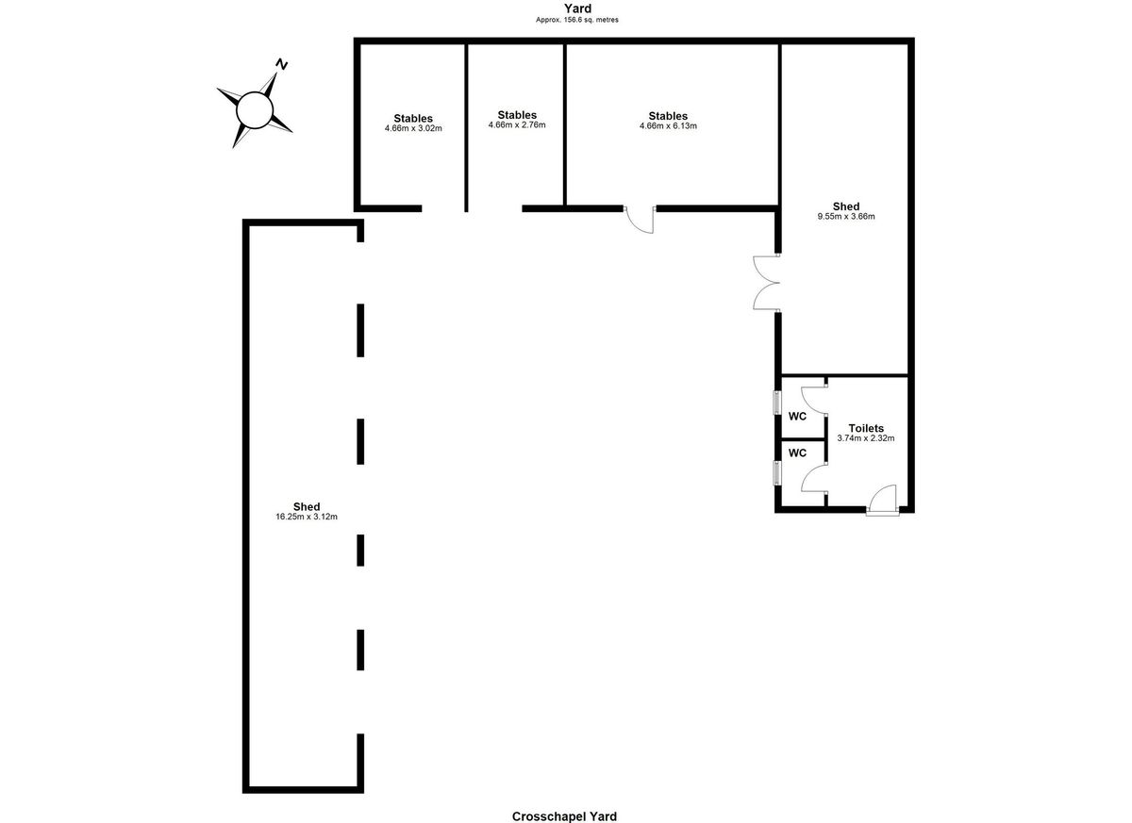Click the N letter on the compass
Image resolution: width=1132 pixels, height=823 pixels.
tap(281, 65)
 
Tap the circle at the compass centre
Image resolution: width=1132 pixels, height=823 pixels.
tap(255, 110)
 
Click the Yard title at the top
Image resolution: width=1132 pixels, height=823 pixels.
tap(577, 8)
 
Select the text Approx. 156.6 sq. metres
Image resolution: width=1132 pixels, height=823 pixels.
tap(577, 20)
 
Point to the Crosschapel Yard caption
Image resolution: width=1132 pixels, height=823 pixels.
tap(564, 816)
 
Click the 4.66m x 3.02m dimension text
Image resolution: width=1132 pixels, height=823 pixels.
tap(413, 128)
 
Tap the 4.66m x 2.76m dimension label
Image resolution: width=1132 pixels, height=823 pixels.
tap(517, 124)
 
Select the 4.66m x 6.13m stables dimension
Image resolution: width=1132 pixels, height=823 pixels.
tap(668, 125)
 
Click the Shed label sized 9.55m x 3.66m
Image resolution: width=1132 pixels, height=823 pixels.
tap(846, 206)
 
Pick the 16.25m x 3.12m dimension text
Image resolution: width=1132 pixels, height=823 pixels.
tap(307, 517)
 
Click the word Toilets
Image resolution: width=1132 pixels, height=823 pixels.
tap(866, 428)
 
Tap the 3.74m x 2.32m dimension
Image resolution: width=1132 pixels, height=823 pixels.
tap(866, 438)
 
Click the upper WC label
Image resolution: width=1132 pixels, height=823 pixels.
tap(797, 416)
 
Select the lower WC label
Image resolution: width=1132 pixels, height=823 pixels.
tap(797, 453)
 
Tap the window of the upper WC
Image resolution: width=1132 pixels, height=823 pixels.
tap(777, 403)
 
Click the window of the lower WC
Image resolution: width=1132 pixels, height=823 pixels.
tap(777, 473)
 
